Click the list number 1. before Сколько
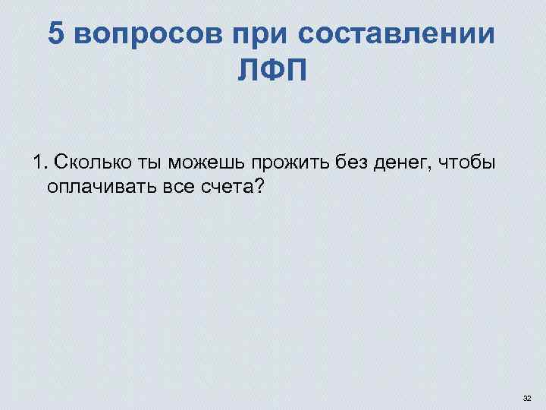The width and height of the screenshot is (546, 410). point(39,162)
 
